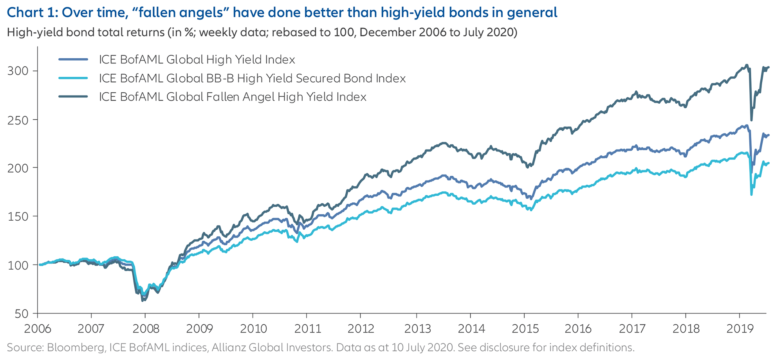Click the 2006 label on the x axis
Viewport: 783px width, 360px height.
pos(38,329)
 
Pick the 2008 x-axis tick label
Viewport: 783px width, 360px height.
pos(146,329)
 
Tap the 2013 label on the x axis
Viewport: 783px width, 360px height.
pos(417,329)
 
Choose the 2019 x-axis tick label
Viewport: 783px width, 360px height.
pos(740,329)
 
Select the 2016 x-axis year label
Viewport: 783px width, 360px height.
pos(578,329)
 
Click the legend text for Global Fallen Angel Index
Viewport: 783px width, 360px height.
pos(233,97)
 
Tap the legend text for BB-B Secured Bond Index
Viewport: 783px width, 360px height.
pos(252,78)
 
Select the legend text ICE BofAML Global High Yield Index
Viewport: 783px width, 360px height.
pos(197,59)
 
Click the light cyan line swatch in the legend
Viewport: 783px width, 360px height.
pos(73,78)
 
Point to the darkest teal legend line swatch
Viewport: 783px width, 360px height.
pos(73,97)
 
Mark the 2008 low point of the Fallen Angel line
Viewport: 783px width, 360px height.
pos(143,301)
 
